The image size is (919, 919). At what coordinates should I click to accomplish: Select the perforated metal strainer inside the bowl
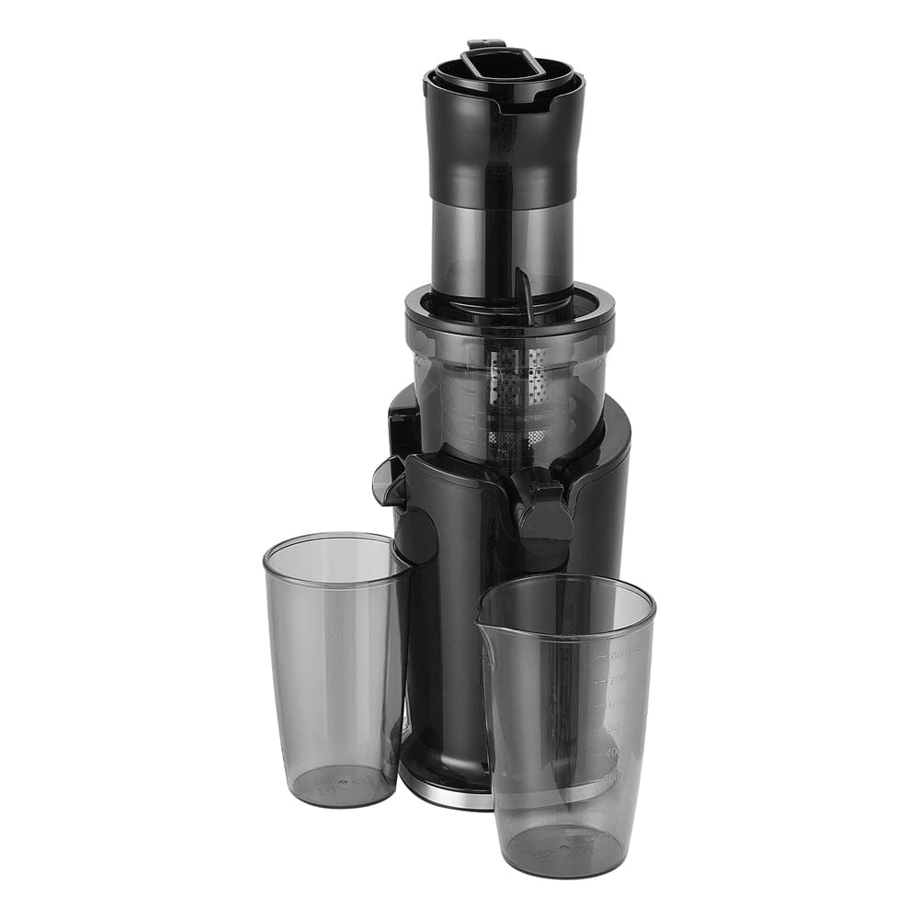coord(515,395)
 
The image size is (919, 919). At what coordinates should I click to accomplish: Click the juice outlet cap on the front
coord(542,515)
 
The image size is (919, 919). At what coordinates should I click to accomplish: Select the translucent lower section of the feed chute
coord(504,239)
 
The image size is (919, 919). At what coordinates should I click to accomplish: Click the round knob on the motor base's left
coord(418,533)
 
